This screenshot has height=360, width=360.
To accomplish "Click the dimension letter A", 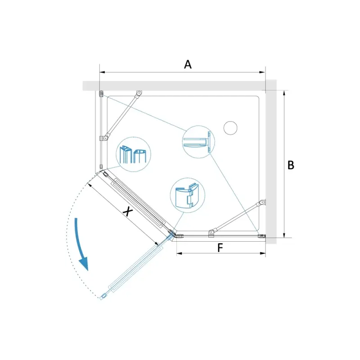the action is pos(188,64).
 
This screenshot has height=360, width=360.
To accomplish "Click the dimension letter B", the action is pos(291,165).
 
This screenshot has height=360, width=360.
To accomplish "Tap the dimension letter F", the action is pos(220,248).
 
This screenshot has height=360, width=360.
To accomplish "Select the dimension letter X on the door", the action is pos(128,211).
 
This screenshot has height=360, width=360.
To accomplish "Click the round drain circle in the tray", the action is pos(230,128).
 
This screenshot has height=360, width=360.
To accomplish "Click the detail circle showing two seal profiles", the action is pos(133,154).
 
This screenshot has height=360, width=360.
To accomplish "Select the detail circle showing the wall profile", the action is pos(198,142).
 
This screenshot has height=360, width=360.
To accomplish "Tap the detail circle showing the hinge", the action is pos(188,195).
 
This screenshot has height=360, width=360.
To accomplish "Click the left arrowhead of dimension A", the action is pos(103,72).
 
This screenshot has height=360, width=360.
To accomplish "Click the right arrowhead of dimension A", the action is pos(262,72).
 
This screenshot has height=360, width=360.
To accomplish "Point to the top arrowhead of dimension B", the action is pos(284,93).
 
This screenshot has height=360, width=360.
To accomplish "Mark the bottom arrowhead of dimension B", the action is pos(284,235).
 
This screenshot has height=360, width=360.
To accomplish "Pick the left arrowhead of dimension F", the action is pos(179,253).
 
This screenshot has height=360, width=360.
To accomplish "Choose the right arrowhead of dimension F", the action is pos(263,253).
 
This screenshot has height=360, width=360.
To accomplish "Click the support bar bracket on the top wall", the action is pos(139,93).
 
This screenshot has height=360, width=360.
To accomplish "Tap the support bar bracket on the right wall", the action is pos(262,202).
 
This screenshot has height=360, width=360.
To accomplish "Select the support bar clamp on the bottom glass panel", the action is pos(211,233).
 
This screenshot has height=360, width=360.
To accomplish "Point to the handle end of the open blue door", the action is pos(103,297).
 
